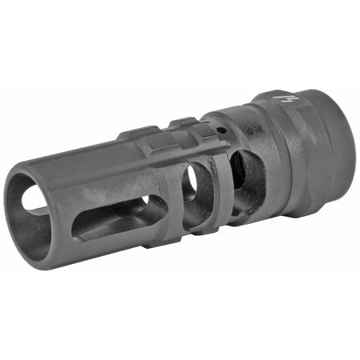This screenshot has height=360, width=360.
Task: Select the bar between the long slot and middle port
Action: tap(174, 200)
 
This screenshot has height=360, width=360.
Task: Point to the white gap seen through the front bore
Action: tap(32, 199)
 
